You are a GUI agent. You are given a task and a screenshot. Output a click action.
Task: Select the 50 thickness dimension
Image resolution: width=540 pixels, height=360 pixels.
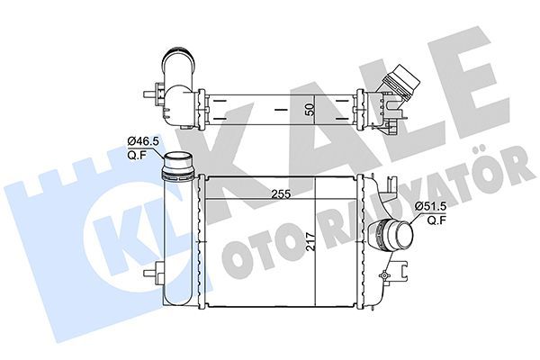point(309,108)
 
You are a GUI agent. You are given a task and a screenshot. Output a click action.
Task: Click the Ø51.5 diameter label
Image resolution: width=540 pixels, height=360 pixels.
point(431,206)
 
